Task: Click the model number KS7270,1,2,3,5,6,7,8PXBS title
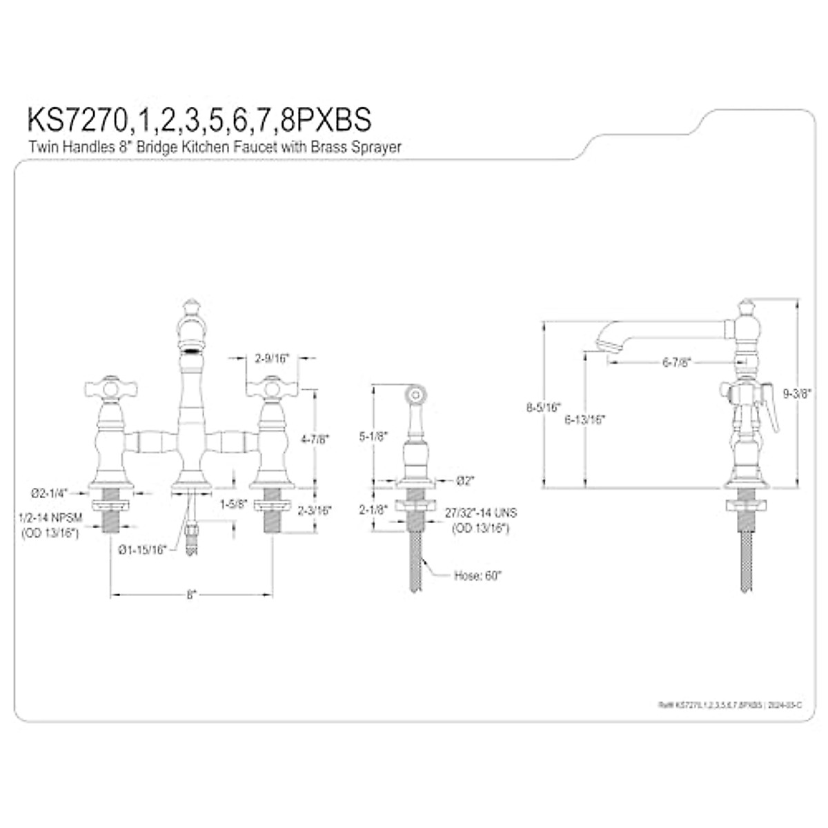(x=199, y=119)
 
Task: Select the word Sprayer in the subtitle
(x=377, y=147)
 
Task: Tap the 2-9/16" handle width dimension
(x=271, y=357)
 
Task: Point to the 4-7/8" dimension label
(x=315, y=437)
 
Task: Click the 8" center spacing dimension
(x=191, y=594)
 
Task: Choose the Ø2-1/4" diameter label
(x=50, y=493)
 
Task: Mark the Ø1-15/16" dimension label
(x=142, y=549)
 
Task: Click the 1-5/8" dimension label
(x=234, y=504)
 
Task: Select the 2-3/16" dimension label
(x=315, y=511)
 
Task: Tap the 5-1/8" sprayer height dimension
(x=373, y=436)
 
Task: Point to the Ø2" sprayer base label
(x=466, y=480)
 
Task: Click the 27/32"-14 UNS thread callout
(x=481, y=513)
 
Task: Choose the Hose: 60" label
(x=478, y=575)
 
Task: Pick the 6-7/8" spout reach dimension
(x=676, y=362)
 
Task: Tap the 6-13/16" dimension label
(x=584, y=419)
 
